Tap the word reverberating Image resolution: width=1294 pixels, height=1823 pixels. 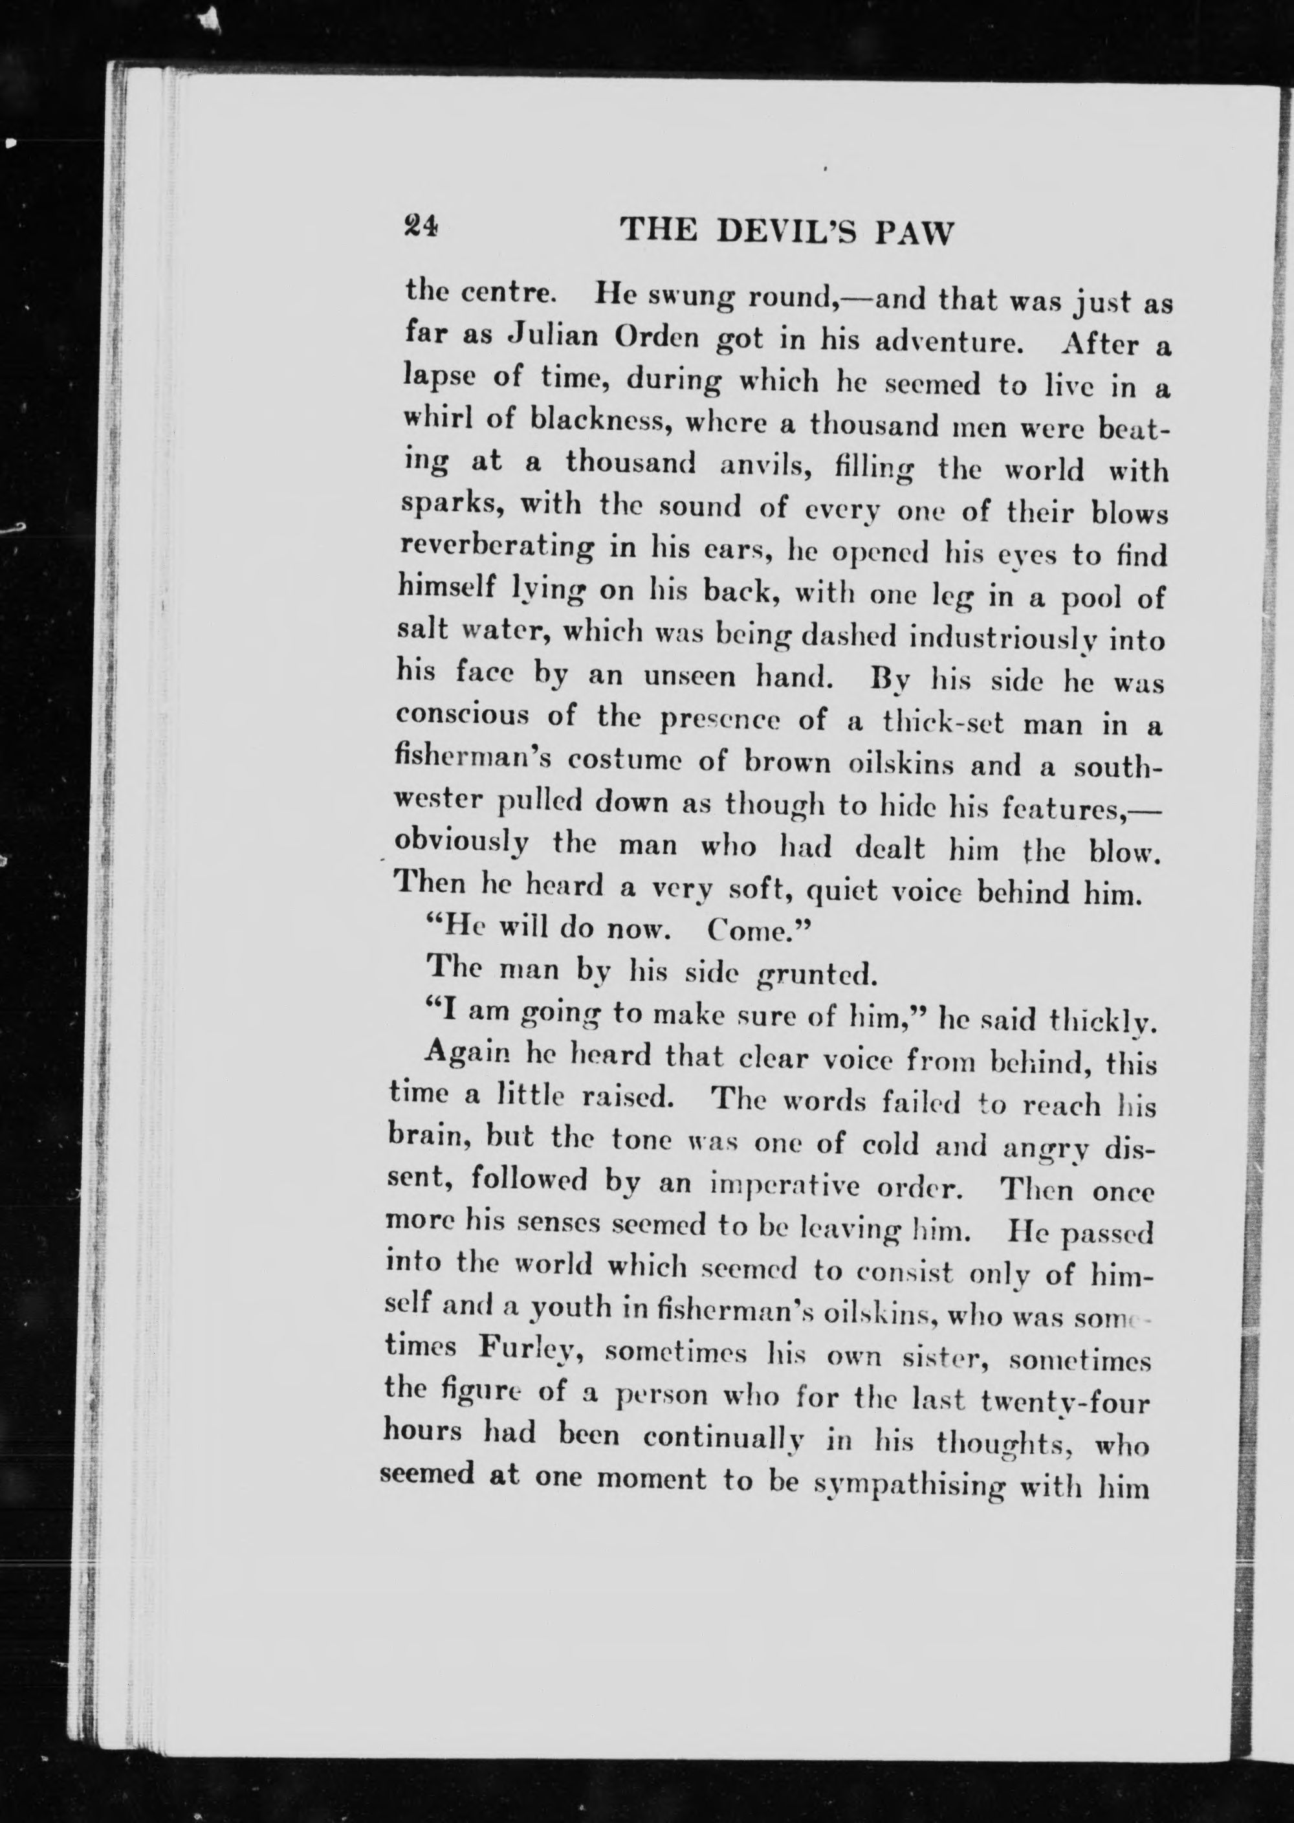pos(496,548)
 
